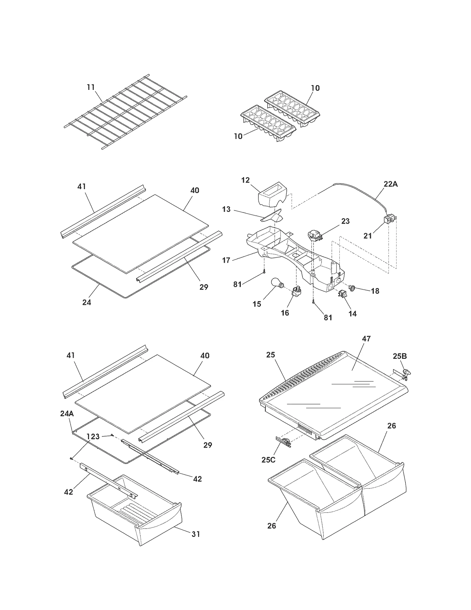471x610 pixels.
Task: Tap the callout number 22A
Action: pyautogui.click(x=390, y=184)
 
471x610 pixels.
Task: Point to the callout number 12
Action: pyautogui.click(x=245, y=180)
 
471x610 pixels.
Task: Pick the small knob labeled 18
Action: pyautogui.click(x=352, y=287)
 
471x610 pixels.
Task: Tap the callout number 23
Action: pyautogui.click(x=345, y=221)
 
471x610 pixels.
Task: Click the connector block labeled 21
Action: pyautogui.click(x=389, y=220)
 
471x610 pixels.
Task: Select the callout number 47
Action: pyautogui.click(x=366, y=338)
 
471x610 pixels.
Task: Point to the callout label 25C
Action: pyautogui.click(x=268, y=459)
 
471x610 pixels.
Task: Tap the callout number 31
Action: pyautogui.click(x=196, y=534)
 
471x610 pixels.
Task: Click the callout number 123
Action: pyautogui.click(x=93, y=436)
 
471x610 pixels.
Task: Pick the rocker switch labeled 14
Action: pyautogui.click(x=342, y=293)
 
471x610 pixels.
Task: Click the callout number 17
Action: pyautogui.click(x=226, y=260)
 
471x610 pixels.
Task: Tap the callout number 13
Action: pyautogui.click(x=226, y=209)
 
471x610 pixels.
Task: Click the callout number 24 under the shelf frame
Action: pyautogui.click(x=87, y=302)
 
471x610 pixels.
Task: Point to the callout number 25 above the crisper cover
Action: pyautogui.click(x=270, y=355)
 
